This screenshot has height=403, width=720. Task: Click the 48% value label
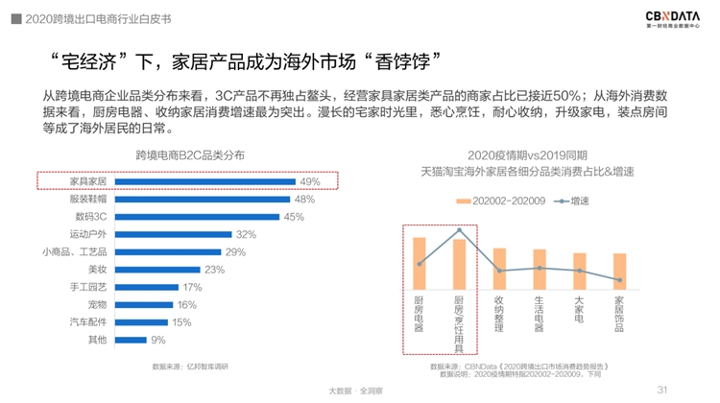click(303, 199)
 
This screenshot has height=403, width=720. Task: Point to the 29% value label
click(235, 251)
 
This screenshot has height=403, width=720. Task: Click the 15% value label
click(183, 322)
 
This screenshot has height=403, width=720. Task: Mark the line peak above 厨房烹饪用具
click(459, 229)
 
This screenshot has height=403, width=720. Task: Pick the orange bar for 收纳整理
click(499, 268)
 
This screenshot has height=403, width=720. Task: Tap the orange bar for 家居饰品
click(620, 270)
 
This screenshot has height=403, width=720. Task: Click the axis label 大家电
click(579, 311)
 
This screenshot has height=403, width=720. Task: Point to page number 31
click(661, 390)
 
